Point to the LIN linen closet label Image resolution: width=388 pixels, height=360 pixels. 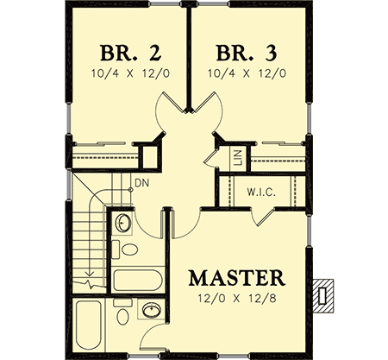point(235,157)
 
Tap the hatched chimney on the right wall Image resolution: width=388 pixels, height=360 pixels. point(325,294)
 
